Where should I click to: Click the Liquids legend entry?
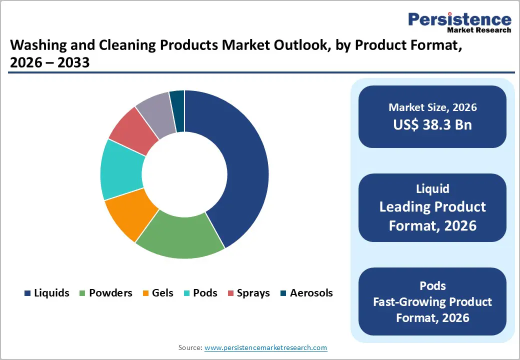coord(46,293)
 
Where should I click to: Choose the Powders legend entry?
coord(105,293)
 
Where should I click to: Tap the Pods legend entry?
coord(199,293)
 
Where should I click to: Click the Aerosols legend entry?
coord(306,293)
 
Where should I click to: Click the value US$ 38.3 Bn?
coord(432,124)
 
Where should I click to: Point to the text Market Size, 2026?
coord(432,107)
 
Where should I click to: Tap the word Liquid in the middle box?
coord(432,188)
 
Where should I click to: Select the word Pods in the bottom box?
coord(432,285)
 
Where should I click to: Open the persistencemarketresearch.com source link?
coord(266,347)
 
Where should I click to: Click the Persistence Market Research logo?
coord(459,22)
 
